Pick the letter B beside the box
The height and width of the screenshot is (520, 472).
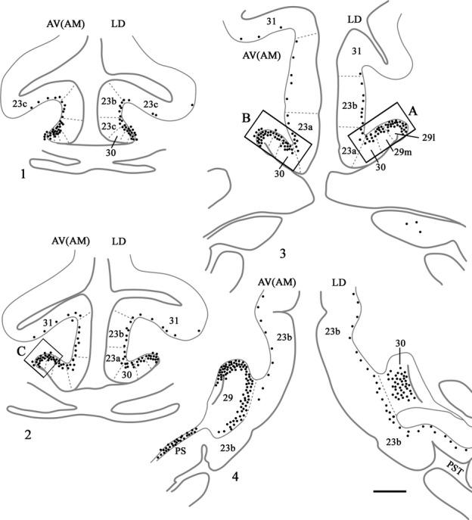click(247, 119)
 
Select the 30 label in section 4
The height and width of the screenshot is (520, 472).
click(401, 342)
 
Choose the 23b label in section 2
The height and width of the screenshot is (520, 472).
click(115, 333)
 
